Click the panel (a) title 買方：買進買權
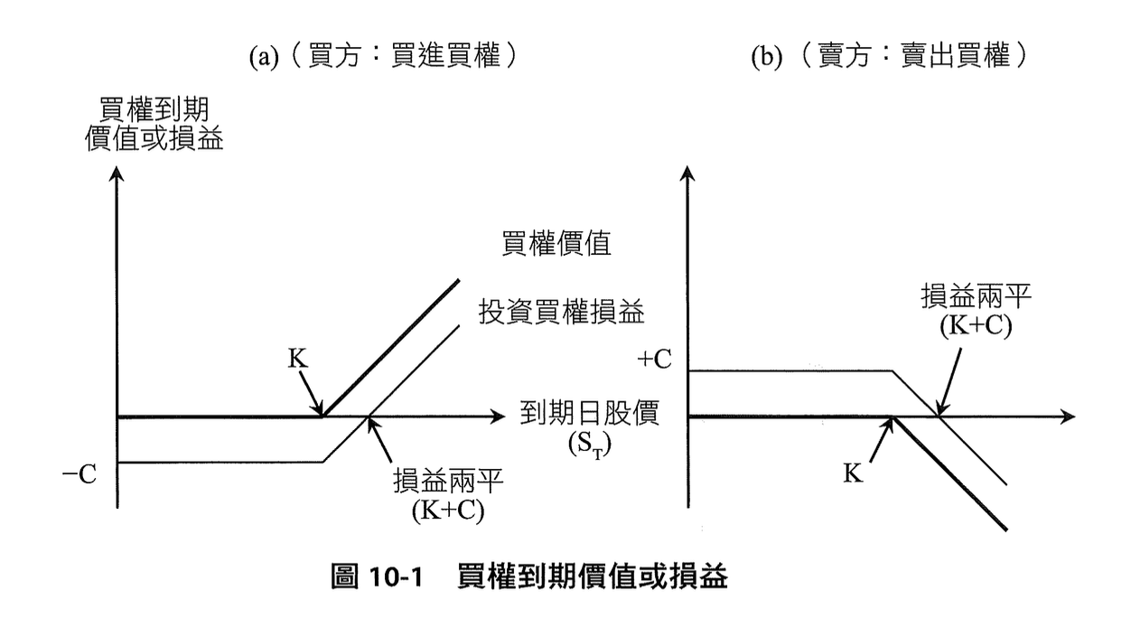384,56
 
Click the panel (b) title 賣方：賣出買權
890,56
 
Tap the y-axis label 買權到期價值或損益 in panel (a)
154,124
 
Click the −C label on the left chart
79,474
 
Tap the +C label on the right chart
657,360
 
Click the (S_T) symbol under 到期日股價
588,445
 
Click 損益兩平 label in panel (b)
966,297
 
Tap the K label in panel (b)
853,473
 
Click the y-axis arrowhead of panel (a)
116,178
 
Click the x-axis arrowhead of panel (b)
1069,417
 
